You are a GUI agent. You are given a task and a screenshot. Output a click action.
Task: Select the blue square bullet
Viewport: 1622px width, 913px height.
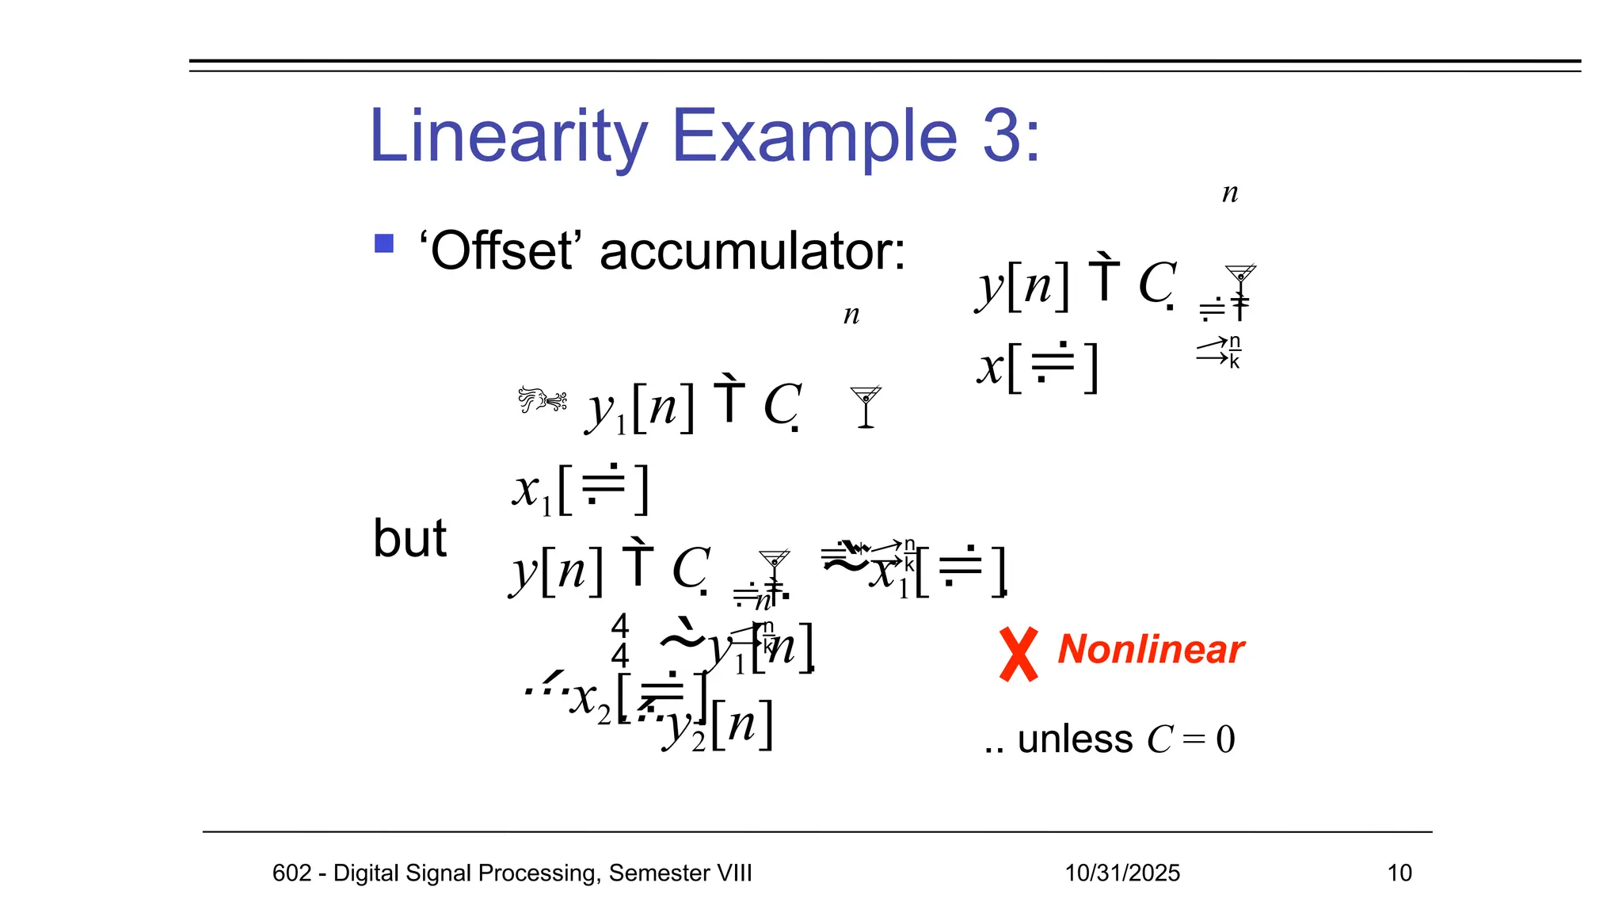(x=384, y=243)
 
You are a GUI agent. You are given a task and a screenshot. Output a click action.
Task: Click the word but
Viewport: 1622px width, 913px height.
(x=409, y=538)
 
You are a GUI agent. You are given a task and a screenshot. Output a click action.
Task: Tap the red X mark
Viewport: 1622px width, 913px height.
(x=1019, y=654)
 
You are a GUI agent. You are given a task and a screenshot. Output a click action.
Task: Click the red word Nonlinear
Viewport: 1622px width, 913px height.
(x=1151, y=649)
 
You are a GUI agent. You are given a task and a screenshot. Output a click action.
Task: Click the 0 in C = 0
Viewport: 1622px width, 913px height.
(x=1225, y=739)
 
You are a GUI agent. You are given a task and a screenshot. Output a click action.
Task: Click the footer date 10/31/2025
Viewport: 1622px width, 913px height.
(x=1122, y=873)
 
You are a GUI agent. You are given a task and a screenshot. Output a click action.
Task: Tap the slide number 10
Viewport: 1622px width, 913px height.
(x=1399, y=873)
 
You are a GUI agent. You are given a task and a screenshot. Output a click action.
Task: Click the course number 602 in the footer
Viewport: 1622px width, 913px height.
(x=291, y=873)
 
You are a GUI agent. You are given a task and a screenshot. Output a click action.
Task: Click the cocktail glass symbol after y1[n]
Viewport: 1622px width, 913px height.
(x=865, y=407)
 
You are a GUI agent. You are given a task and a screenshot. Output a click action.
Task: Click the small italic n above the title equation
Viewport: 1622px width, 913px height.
(x=1229, y=193)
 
